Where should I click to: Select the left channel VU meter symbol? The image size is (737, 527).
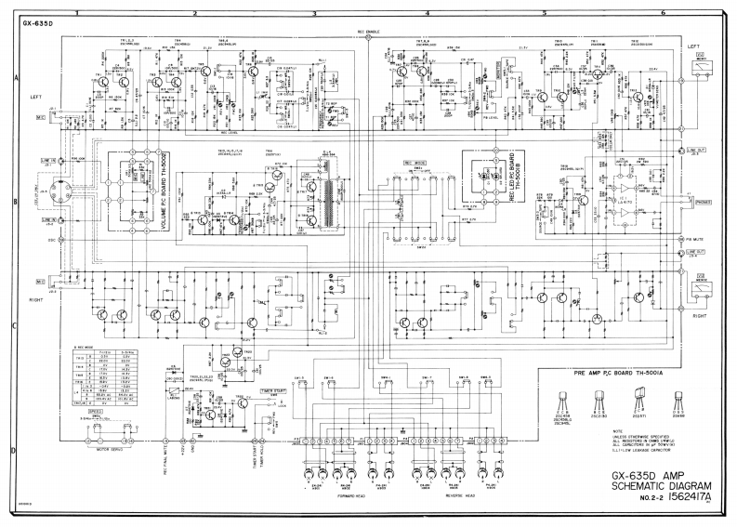[699, 64]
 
